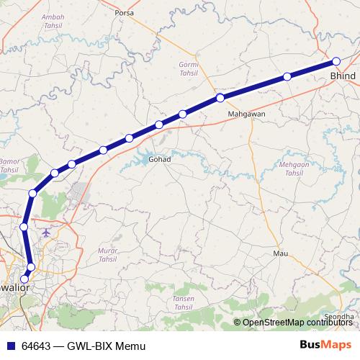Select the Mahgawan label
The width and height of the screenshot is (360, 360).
246,114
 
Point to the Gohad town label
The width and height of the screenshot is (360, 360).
158,158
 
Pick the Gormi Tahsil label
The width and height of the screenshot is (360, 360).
187,68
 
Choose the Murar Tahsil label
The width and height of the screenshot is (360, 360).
106,255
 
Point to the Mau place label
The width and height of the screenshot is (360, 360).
281,254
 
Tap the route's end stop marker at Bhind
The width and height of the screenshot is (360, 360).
336,61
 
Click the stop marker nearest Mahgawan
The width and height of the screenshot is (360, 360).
220,98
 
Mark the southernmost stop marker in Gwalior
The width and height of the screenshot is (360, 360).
24,279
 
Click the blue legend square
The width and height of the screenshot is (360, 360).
9,345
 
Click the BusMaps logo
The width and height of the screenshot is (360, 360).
326,344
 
